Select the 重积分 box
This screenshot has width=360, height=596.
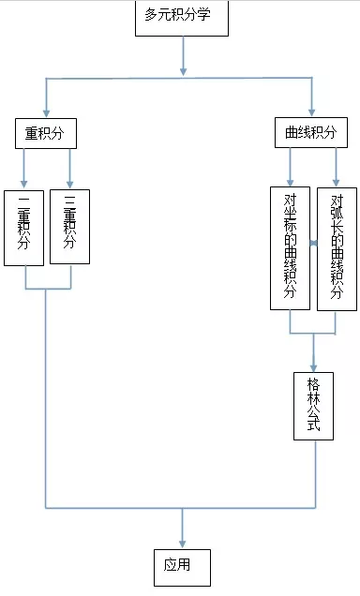[45, 134]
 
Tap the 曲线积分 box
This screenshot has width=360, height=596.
[312, 134]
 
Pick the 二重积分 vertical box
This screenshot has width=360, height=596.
[23, 228]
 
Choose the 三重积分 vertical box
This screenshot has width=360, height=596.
[69, 228]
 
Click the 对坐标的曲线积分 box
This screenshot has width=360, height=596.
[290, 247]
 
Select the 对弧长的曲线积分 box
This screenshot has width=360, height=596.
[337, 247]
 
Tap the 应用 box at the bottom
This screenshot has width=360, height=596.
[182, 566]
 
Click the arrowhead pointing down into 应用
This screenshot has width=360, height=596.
[182, 543]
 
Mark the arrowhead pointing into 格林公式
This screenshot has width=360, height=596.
[313, 363]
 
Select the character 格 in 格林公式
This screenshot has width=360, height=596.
[313, 383]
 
